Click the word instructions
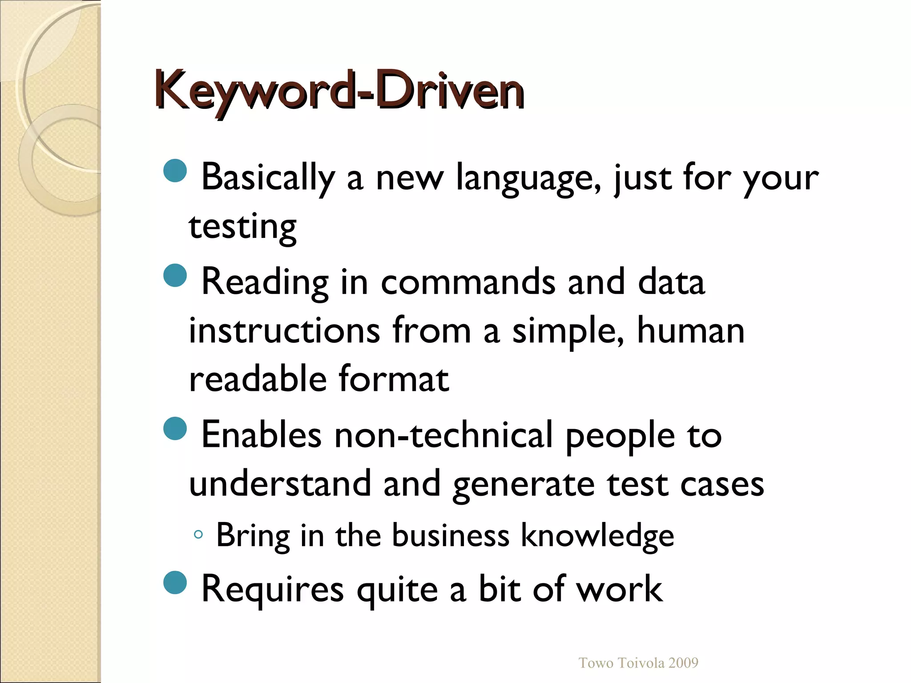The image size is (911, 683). (285, 331)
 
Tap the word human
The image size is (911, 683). (690, 331)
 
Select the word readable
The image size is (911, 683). (258, 379)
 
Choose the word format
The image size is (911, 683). (394, 379)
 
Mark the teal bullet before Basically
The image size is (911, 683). (175, 171)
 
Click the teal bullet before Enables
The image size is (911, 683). (175, 429)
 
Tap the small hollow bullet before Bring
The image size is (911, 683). (198, 534)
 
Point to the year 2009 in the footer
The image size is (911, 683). (683, 663)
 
